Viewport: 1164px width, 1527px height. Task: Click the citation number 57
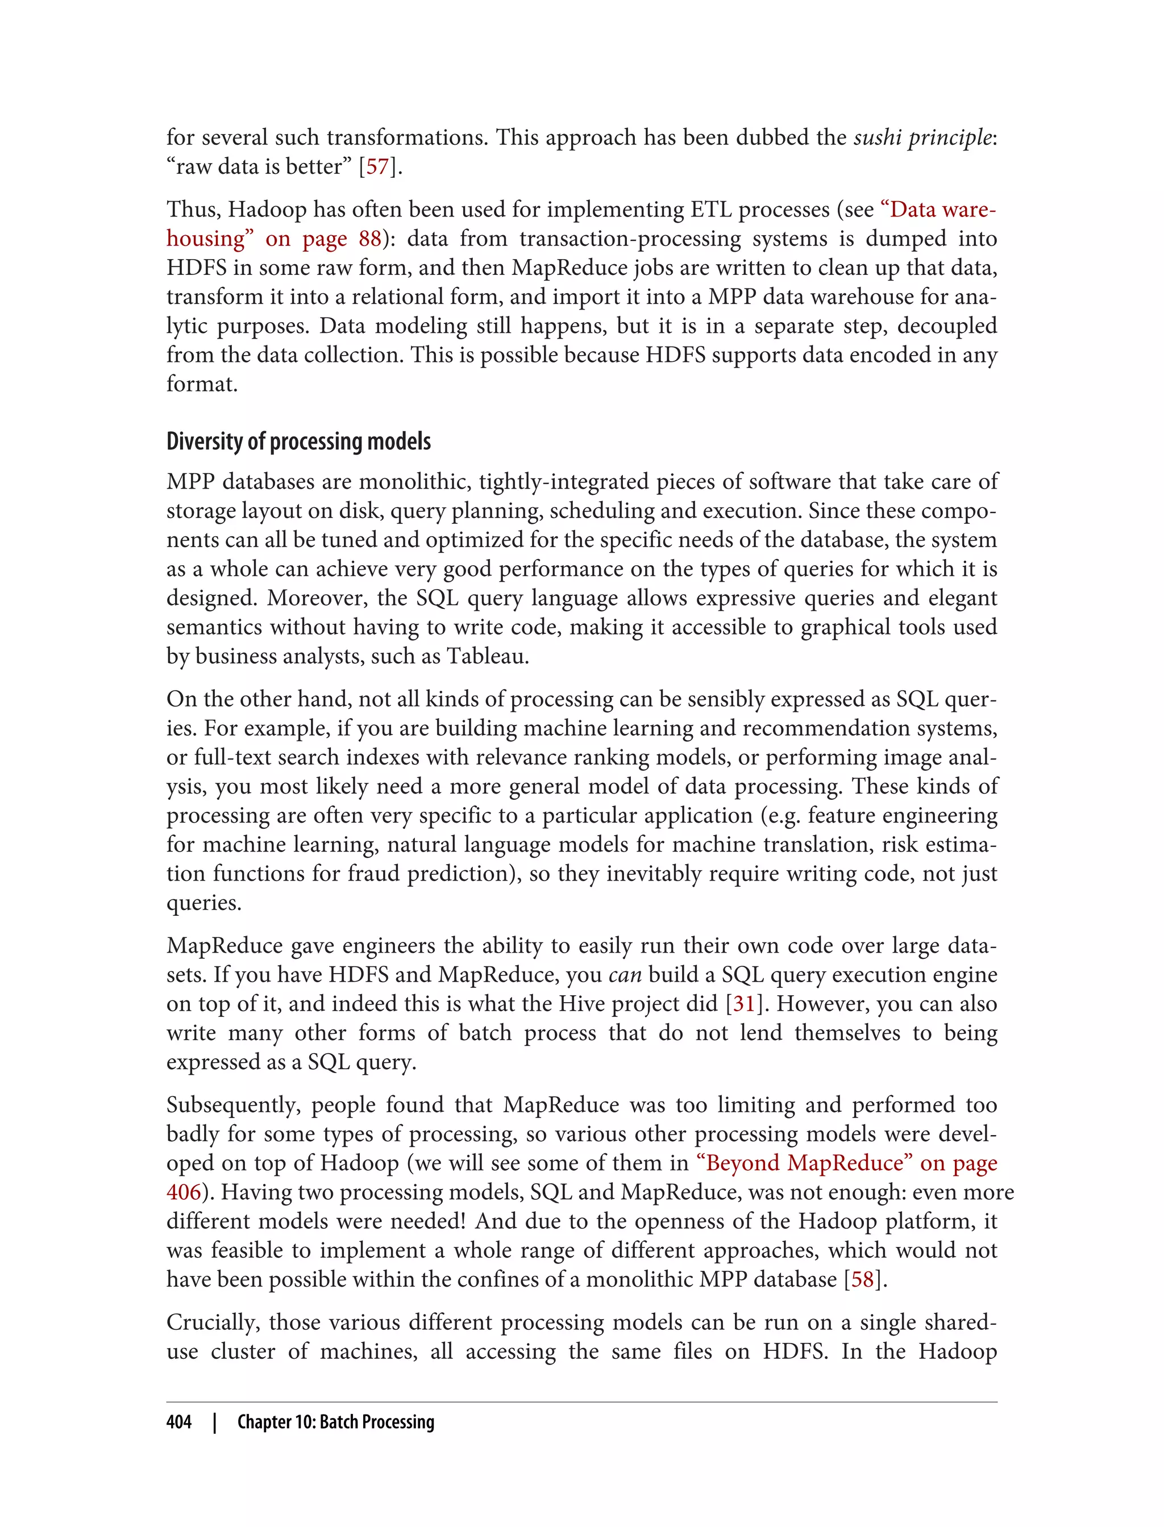pos(377,167)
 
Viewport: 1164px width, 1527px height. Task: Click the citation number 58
pos(863,1279)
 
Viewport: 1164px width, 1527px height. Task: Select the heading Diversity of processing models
pos(298,441)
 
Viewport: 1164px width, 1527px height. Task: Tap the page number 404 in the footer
pos(179,1422)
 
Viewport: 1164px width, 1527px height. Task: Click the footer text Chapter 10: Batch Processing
pos(335,1422)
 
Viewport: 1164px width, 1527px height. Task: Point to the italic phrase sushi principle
pos(922,138)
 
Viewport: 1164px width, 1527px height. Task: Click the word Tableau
pos(487,656)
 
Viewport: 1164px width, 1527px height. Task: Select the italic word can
pos(625,975)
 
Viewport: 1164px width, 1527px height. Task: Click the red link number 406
pos(183,1192)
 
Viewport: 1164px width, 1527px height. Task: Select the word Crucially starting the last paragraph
pos(213,1322)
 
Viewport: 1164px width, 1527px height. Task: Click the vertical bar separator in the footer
pos(215,1422)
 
